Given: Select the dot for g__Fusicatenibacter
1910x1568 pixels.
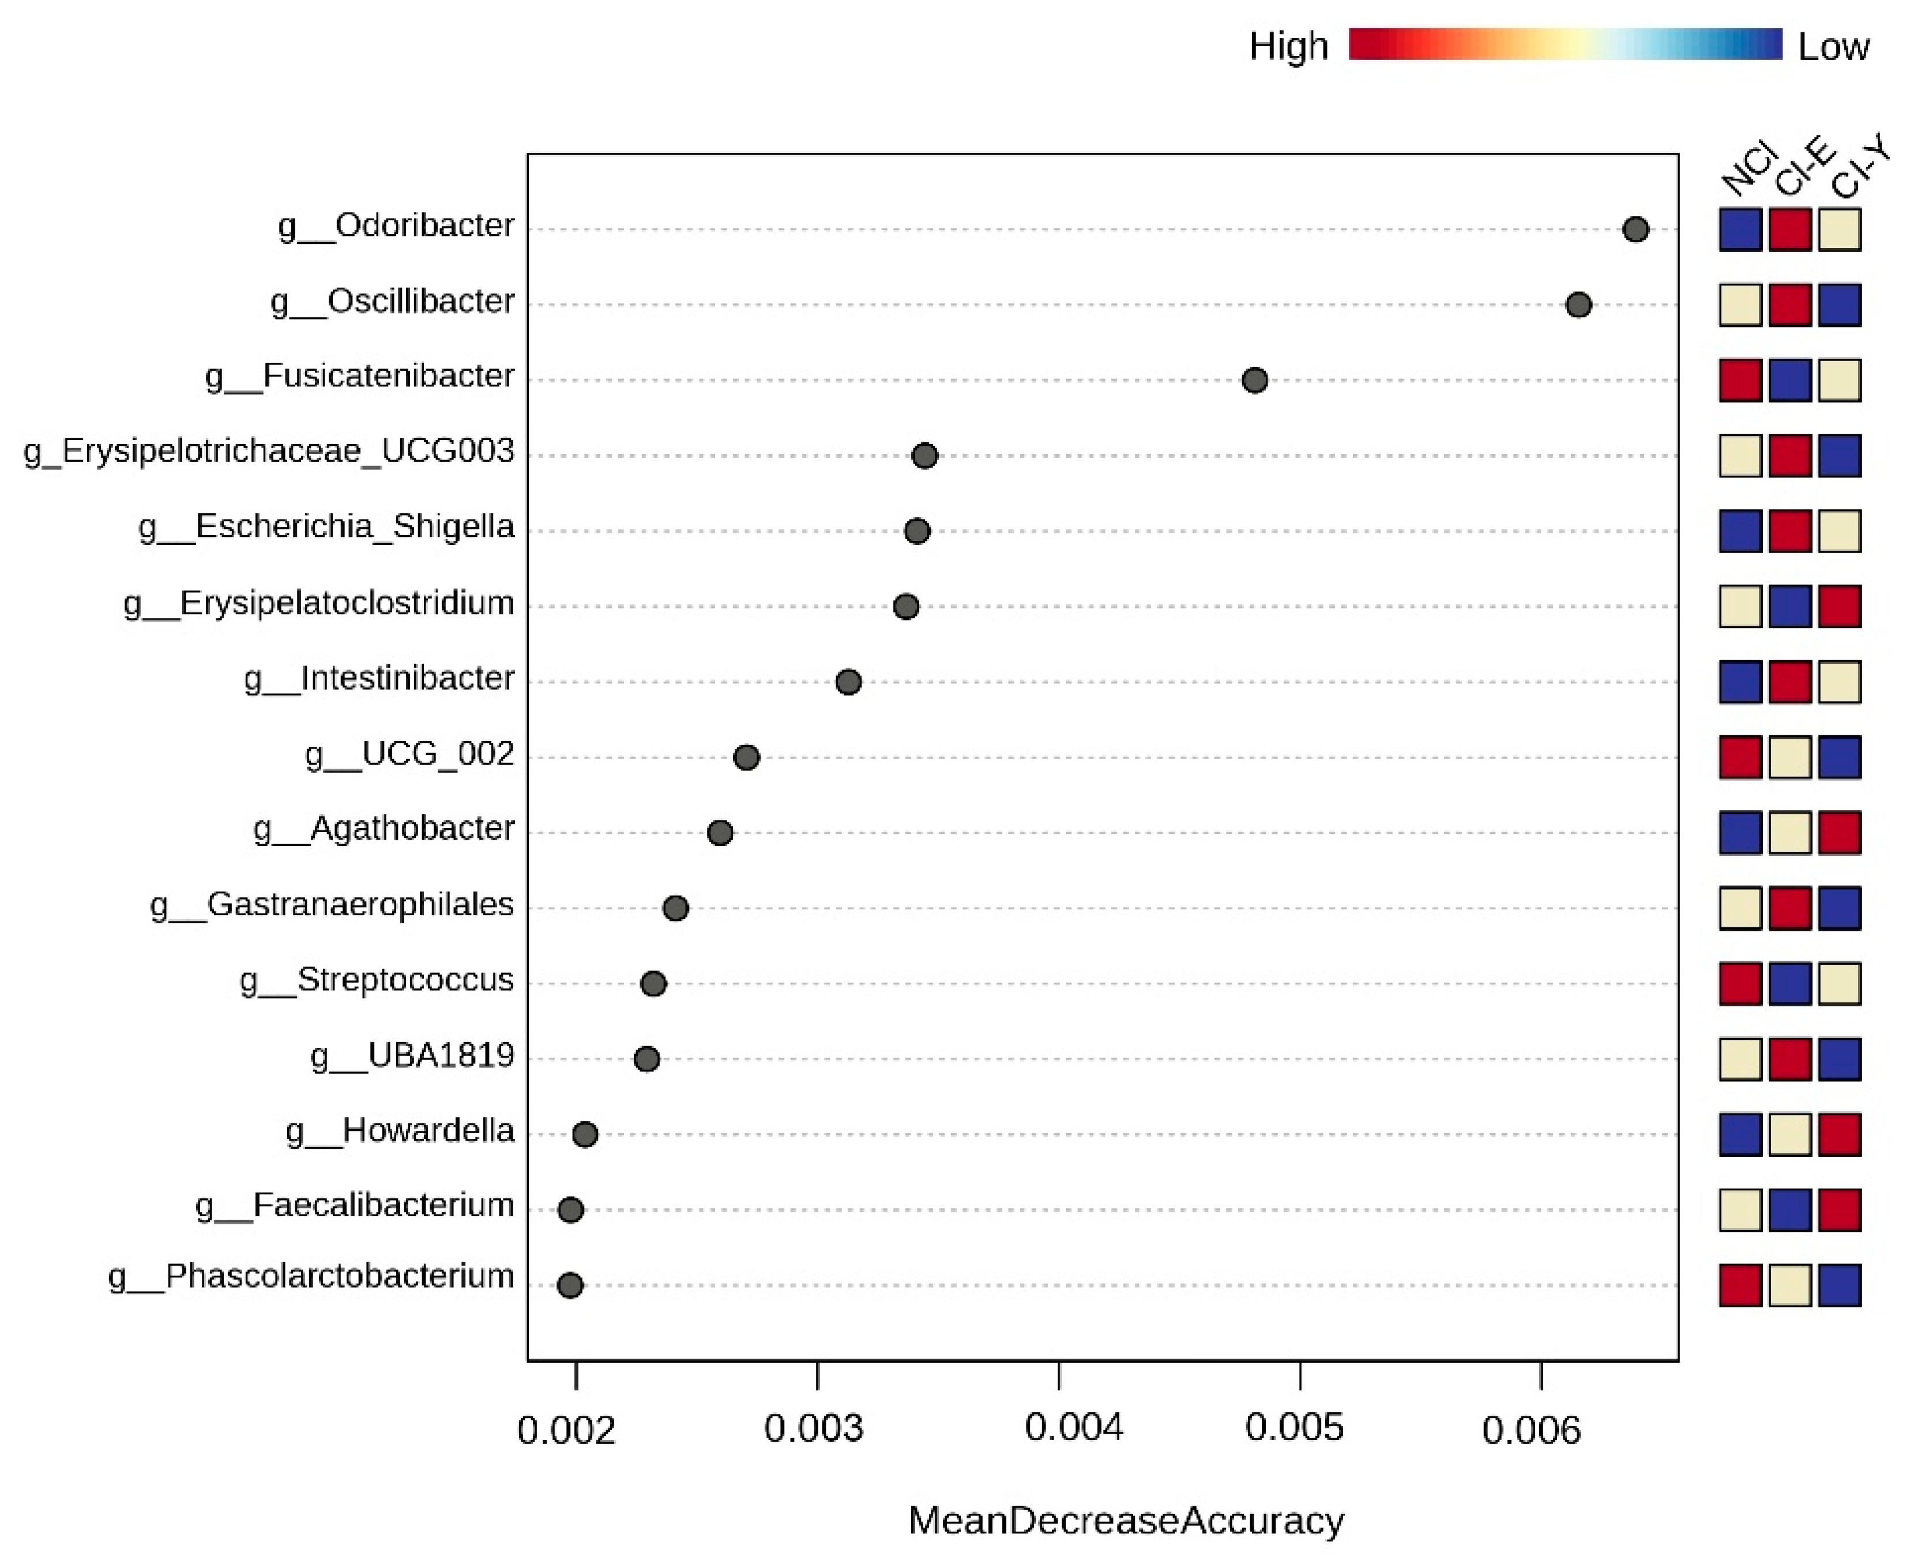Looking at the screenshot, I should pyautogui.click(x=1254, y=380).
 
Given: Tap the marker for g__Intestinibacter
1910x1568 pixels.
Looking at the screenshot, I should pyautogui.click(x=848, y=682).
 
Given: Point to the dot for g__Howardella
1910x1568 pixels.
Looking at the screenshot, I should pyautogui.click(x=585, y=1134).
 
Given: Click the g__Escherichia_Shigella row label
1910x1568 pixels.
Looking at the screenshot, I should pyautogui.click(x=326, y=527).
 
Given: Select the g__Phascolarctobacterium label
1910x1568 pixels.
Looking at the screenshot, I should pyautogui.click(x=311, y=1276).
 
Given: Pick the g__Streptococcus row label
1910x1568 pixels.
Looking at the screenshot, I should pyautogui.click(x=377, y=980).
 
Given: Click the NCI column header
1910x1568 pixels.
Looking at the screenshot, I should pyautogui.click(x=1747, y=169).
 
